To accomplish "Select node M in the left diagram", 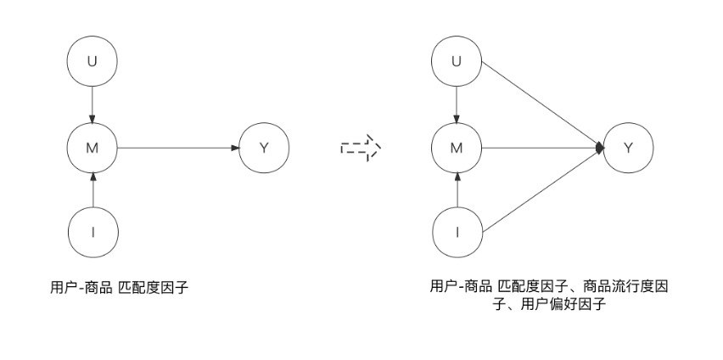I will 92,148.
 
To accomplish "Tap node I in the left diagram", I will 92,232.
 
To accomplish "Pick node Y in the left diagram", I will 264,148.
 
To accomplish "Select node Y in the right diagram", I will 629,148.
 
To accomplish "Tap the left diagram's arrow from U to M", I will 92,105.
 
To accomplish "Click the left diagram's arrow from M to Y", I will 178,148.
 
